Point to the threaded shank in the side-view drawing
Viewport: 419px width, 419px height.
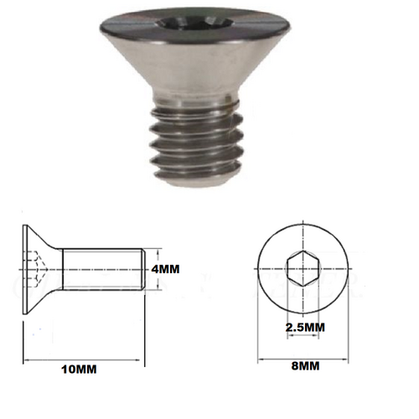[105, 270]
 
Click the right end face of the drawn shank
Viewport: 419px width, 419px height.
[147, 270]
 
